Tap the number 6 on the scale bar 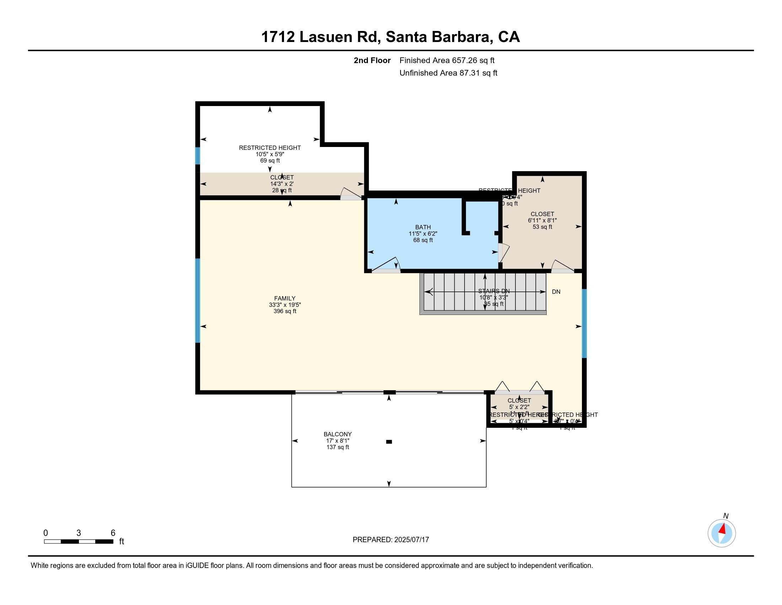click(x=113, y=533)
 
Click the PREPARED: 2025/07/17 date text click(x=391, y=540)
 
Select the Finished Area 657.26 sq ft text click(x=447, y=60)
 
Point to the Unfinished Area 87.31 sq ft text click(x=448, y=73)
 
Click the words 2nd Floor click(x=372, y=60)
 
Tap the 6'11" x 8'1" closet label click(x=542, y=220)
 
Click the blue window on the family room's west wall click(x=197, y=300)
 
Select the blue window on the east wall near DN click(x=584, y=323)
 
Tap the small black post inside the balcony click(x=389, y=442)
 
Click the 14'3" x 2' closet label click(x=282, y=184)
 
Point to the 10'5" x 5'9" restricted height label click(x=270, y=154)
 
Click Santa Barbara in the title click(x=437, y=37)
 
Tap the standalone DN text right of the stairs click(x=556, y=292)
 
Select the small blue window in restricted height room click(x=197, y=156)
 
